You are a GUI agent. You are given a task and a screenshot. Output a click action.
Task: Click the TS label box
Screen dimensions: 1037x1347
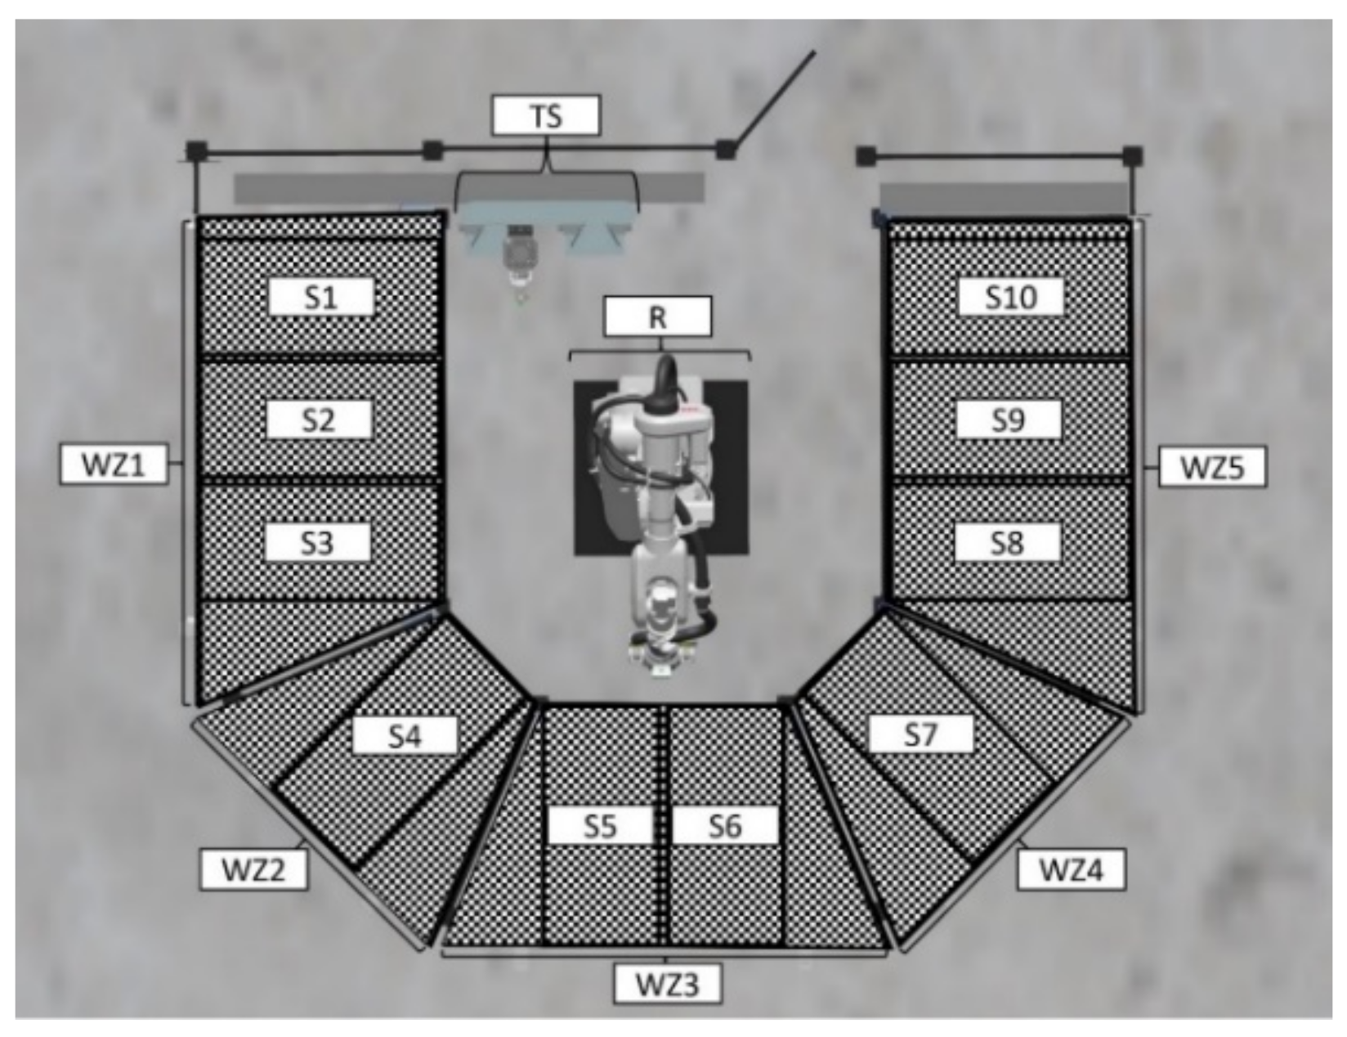point(546,115)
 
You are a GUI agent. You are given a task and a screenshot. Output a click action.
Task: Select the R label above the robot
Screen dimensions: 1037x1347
point(657,317)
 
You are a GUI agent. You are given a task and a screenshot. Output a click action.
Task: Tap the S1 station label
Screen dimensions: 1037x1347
point(320,297)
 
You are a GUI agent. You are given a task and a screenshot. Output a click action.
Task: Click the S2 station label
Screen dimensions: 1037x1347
point(319,420)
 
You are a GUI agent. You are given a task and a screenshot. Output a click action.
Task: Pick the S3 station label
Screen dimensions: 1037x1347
point(317,542)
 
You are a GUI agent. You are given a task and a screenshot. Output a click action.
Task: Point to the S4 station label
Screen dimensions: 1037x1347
point(405,736)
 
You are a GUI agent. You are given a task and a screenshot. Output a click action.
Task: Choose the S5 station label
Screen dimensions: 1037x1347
point(599,826)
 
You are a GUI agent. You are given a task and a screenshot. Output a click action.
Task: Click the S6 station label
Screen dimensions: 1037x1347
point(724,826)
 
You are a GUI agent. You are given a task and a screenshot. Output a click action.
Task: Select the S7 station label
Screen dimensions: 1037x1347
point(920,734)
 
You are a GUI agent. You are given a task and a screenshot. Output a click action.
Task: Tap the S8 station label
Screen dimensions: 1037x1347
point(1007,542)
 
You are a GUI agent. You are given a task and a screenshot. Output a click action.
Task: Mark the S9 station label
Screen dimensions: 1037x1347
point(1009,420)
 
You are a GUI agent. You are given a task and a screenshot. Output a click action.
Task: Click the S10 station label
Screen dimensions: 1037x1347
point(1011,297)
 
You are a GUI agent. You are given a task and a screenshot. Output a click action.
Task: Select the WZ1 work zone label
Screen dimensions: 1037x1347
point(113,465)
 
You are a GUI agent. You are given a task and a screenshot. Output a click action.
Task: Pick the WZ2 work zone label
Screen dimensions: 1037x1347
point(254,869)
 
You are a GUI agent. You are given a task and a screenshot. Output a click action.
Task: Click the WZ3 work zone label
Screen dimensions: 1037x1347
point(668,984)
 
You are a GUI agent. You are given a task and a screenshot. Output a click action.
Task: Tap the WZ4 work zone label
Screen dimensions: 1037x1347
point(1071,869)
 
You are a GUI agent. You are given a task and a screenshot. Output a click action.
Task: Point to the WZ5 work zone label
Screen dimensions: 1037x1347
point(1212,468)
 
